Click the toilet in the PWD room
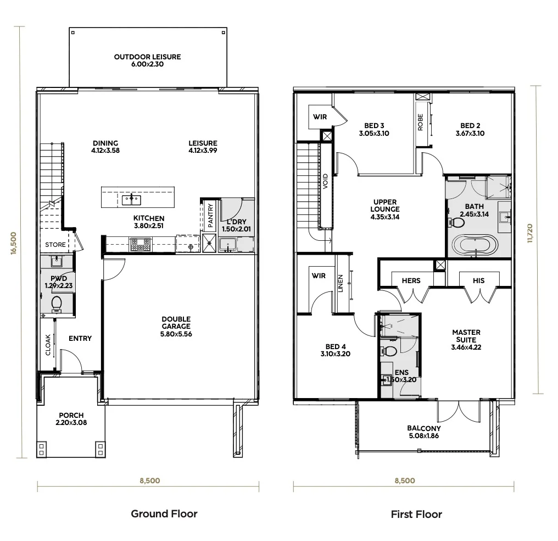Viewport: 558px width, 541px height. (57, 305)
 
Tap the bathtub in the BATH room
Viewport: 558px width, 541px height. (475, 245)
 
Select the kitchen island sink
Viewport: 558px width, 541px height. (131, 200)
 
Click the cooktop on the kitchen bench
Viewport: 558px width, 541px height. (140, 245)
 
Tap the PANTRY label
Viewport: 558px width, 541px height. (211, 215)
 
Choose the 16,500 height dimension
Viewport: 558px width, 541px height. (14, 243)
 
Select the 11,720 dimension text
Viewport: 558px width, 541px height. (530, 233)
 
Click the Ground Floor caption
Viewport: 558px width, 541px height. (164, 514)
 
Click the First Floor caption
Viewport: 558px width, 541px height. (416, 514)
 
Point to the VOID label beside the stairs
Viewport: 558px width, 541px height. (325, 181)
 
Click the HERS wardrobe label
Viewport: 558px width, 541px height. (411, 280)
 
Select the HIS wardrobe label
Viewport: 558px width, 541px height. (479, 280)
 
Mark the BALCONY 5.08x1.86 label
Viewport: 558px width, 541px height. (424, 432)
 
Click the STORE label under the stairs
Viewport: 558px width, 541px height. (55, 245)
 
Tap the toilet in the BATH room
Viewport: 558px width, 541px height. (456, 223)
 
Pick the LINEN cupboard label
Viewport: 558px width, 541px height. (341, 284)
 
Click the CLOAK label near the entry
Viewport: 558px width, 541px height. (48, 345)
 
